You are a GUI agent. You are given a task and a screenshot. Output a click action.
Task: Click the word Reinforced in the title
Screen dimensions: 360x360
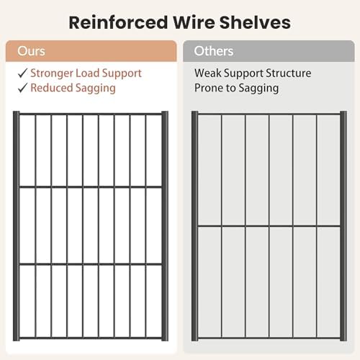118,22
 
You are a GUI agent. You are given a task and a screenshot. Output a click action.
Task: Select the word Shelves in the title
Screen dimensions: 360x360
255,22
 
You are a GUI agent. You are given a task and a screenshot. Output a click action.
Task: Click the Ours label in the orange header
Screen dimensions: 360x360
31,51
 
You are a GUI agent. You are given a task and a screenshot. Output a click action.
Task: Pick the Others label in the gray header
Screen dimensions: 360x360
214,51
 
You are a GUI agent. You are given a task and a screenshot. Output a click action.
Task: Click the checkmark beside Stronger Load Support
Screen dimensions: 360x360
22,73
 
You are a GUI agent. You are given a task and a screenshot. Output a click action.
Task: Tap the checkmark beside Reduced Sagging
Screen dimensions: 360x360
22,88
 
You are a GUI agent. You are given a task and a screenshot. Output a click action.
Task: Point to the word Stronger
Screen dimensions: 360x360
52,73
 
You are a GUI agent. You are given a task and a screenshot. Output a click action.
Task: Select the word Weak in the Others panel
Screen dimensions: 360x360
208,73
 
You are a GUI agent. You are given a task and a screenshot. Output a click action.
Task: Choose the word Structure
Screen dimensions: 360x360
288,73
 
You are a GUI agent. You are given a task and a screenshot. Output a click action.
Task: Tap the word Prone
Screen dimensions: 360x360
209,88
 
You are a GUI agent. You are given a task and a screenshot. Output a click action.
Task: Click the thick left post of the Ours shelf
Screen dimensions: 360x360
16,226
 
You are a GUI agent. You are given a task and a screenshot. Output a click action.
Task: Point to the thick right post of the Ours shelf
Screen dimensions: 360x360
165,226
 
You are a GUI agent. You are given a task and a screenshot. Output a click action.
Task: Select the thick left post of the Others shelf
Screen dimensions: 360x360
194,226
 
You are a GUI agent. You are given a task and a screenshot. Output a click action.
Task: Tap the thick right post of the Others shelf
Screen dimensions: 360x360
343,226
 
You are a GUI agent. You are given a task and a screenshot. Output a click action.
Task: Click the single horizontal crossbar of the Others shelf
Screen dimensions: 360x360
269,226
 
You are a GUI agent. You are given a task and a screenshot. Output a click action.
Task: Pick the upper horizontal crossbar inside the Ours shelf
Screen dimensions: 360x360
91,186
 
